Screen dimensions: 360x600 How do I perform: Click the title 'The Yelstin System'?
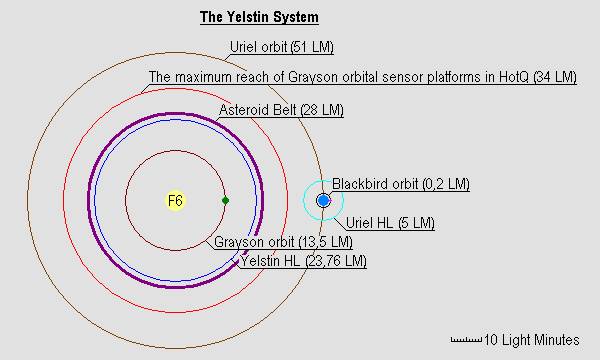click(259, 19)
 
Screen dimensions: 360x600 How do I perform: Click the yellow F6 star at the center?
click(175, 201)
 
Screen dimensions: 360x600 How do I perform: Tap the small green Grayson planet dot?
click(225, 201)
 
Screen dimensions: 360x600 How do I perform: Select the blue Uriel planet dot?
click(323, 201)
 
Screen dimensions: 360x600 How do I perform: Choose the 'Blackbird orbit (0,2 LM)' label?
click(400, 184)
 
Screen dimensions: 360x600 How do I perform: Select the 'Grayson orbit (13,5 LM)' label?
click(283, 242)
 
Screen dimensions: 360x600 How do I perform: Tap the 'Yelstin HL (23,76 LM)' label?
click(303, 261)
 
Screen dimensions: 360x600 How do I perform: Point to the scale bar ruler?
click(467, 340)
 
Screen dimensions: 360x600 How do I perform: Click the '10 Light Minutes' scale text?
click(532, 340)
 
